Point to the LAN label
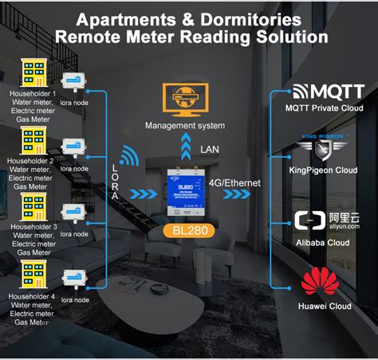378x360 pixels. tap(210, 149)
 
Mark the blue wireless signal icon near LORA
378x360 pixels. tap(129, 155)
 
